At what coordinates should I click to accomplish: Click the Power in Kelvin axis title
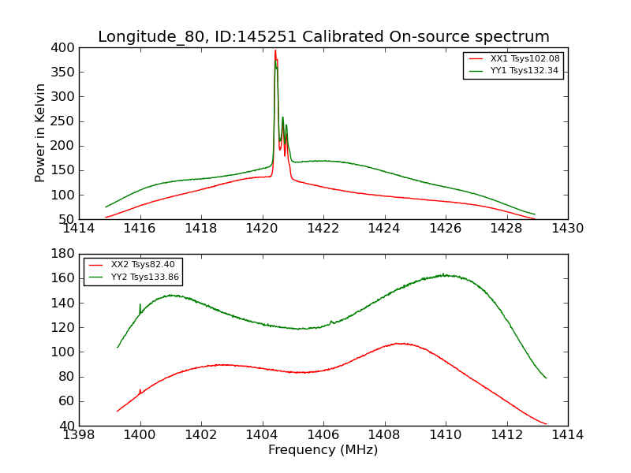point(40,133)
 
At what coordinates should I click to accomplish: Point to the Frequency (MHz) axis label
point(323,450)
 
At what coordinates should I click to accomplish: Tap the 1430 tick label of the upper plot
point(567,228)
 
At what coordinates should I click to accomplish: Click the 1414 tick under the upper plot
point(79,228)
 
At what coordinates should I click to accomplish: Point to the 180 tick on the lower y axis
point(64,255)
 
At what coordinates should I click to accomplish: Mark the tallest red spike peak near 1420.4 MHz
point(275,51)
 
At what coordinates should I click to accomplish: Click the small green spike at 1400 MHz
point(140,304)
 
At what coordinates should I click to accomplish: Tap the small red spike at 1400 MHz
point(140,389)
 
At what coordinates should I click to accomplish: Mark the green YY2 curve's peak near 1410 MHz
point(443,274)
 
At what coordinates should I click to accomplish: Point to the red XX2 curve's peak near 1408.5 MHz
point(400,343)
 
